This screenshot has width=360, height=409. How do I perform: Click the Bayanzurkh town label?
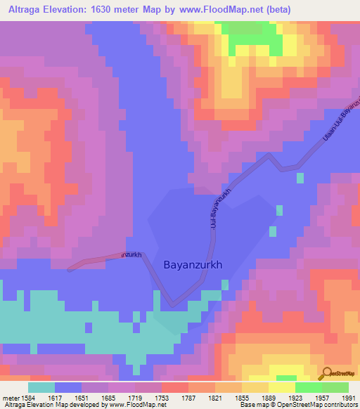coord(193,266)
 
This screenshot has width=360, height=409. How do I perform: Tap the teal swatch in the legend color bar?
coord(41,387)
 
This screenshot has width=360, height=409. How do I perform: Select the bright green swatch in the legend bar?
coord(308,387)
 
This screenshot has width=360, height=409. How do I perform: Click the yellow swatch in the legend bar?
coord(281,387)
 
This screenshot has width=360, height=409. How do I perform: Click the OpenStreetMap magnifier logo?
coord(326,372)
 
